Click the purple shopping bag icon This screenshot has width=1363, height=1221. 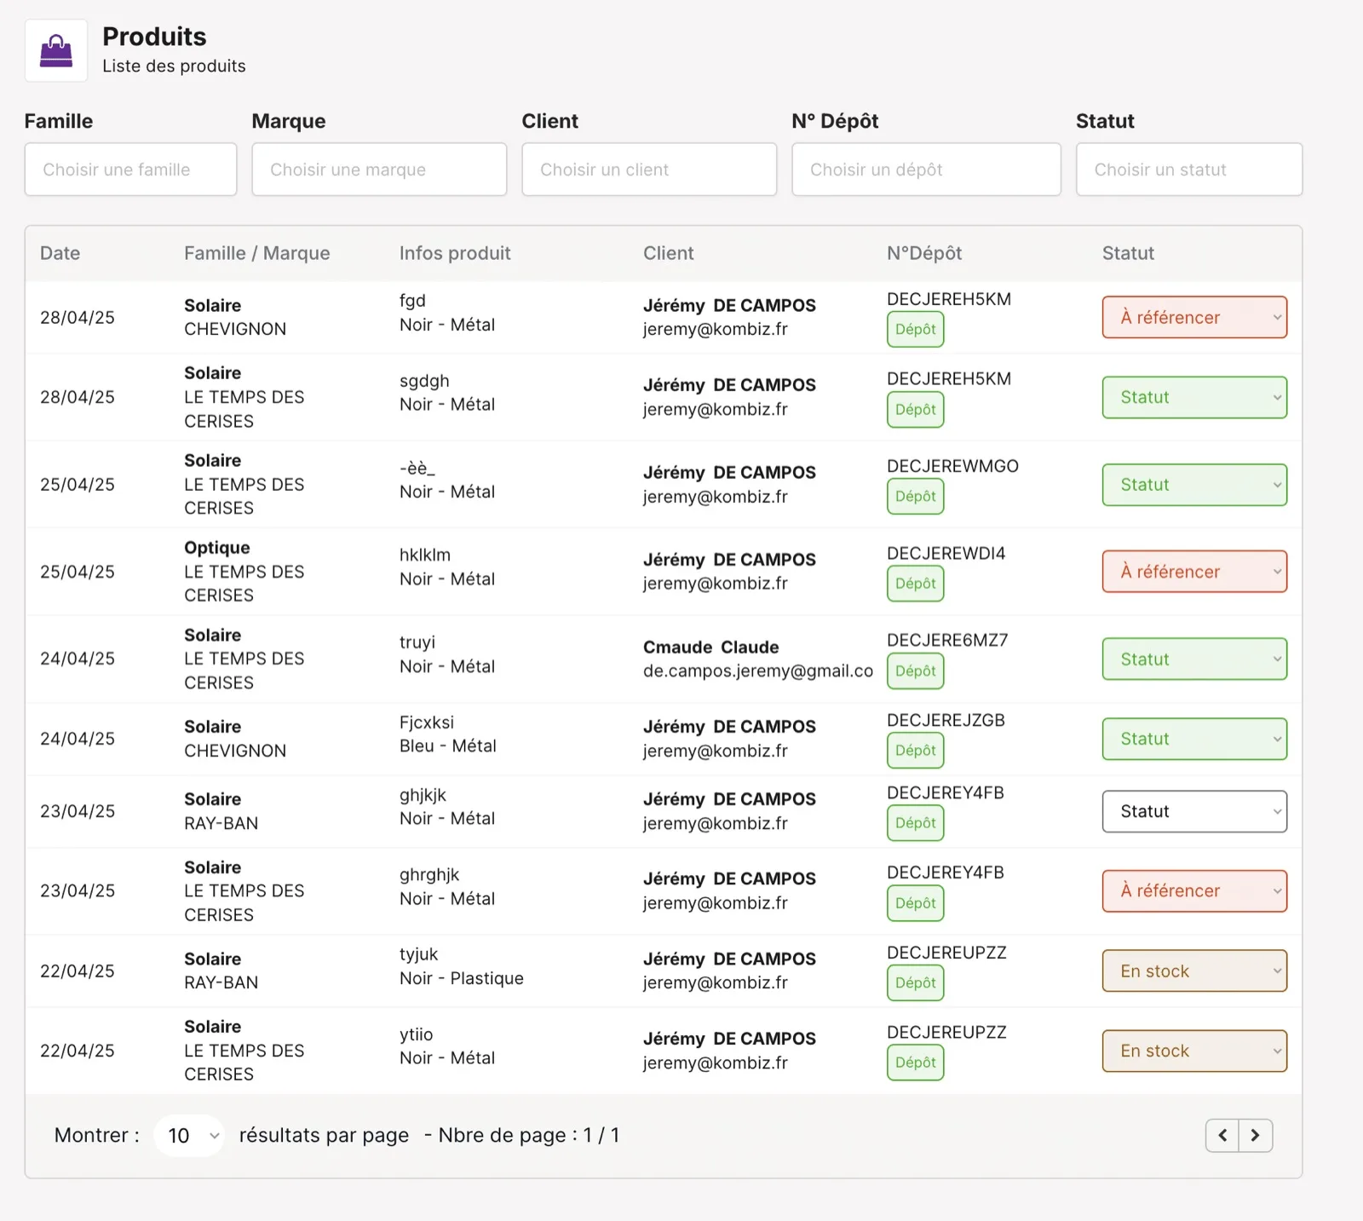point(56,50)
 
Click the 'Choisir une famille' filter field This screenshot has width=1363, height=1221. point(130,170)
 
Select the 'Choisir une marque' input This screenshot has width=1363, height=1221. point(379,170)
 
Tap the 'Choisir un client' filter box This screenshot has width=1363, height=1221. point(649,170)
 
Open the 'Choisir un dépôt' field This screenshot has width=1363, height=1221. point(926,170)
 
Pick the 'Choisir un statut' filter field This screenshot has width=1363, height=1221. point(1189,170)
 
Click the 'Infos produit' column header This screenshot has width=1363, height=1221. point(455,253)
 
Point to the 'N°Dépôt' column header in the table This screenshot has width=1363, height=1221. point(924,253)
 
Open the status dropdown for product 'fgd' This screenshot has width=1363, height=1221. point(1194,317)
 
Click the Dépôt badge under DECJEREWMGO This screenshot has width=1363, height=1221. point(916,497)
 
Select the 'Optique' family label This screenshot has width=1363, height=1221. point(217,548)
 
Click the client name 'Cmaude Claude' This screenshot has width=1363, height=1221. point(711,647)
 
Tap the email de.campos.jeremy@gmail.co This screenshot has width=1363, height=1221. point(758,671)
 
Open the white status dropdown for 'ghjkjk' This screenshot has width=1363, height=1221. point(1194,811)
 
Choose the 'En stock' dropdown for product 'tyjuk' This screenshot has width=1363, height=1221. point(1194,971)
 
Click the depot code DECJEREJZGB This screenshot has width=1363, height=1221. point(946,721)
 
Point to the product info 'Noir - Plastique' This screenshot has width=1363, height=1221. point(462,978)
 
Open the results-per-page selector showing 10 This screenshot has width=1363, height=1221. point(189,1136)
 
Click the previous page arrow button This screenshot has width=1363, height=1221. point(1222,1136)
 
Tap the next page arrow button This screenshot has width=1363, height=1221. point(1256,1136)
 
